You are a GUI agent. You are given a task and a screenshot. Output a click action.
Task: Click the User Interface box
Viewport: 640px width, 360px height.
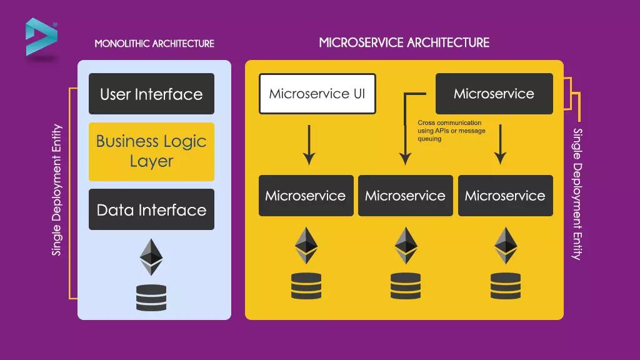point(151,94)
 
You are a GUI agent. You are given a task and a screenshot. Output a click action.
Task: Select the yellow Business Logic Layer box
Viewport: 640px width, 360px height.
point(151,151)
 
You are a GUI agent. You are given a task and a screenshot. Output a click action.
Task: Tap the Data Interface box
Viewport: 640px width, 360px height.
point(151,209)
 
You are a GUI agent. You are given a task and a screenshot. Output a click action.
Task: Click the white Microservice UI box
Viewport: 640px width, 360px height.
point(317,94)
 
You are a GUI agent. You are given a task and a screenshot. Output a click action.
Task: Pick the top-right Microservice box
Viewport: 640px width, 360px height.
point(494,94)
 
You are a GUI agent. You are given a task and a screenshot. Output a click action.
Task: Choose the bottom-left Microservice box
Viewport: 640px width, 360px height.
point(306,196)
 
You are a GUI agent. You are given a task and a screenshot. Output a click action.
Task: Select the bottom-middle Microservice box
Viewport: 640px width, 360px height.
point(405,196)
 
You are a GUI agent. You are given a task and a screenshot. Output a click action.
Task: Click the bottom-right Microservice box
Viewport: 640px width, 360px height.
point(505,196)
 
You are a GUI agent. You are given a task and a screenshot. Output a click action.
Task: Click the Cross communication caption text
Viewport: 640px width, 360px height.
point(449,131)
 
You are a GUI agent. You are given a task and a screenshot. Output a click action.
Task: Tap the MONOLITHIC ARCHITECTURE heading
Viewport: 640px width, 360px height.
point(154,44)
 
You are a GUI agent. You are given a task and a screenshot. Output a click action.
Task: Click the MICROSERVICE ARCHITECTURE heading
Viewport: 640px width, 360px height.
point(404,42)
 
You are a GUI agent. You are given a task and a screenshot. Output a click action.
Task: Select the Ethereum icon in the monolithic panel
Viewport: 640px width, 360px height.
point(151,256)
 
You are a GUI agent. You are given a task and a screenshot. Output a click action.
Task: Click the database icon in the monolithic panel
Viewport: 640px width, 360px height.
point(151,297)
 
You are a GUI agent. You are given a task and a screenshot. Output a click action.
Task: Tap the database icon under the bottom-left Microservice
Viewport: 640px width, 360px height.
point(306,286)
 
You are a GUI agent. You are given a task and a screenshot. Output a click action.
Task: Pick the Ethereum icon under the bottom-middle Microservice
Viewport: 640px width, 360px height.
point(405,245)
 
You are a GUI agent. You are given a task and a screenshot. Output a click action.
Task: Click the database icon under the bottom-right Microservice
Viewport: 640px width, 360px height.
point(505,286)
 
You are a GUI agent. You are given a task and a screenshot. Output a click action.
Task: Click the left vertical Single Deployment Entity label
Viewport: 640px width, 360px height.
point(57,190)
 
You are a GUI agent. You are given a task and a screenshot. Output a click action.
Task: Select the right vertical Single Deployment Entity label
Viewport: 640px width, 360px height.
point(577,194)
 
